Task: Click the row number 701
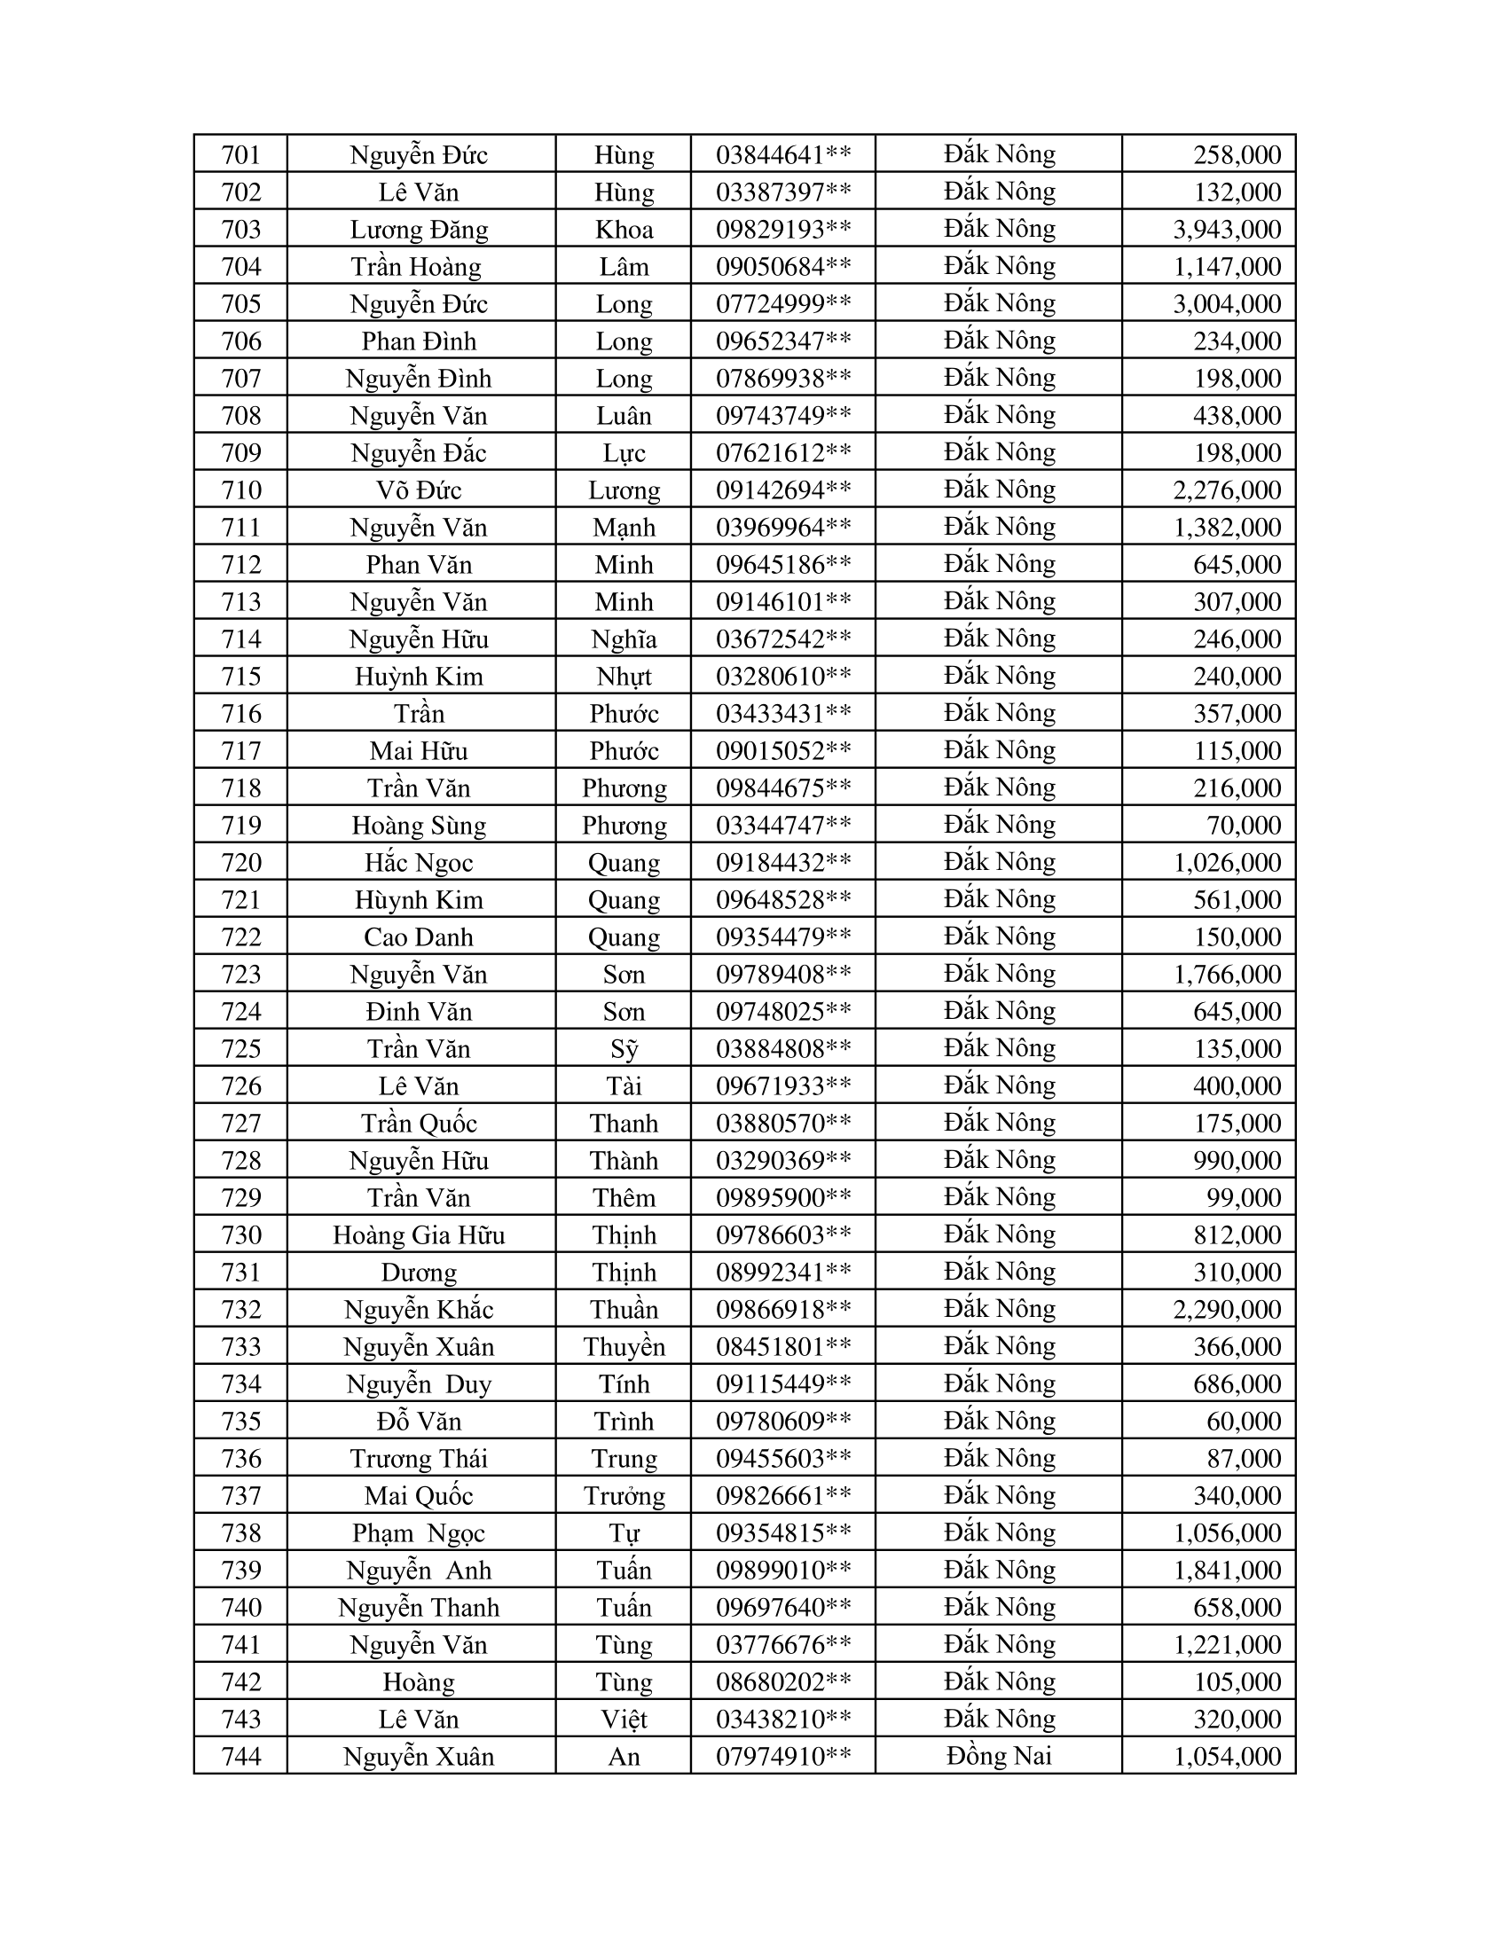tap(240, 154)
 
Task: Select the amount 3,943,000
tap(1227, 230)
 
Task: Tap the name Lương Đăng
tap(419, 230)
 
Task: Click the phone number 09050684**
tap(782, 266)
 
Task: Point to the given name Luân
tap(624, 415)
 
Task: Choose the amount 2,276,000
tap(1227, 490)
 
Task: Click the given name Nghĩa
tap(624, 639)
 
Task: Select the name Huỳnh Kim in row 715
tap(419, 677)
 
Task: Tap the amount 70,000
tap(1244, 825)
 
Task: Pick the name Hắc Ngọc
tap(419, 862)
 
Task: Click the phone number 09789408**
tap(782, 974)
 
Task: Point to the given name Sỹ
tap(624, 1049)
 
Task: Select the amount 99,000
tap(1244, 1197)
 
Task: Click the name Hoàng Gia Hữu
tap(419, 1234)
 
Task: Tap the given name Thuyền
tap(624, 1346)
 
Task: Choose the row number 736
tap(240, 1458)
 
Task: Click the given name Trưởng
tap(624, 1495)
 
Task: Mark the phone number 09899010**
tap(782, 1570)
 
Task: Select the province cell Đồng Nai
tap(999, 1756)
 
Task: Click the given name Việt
tap(624, 1719)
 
